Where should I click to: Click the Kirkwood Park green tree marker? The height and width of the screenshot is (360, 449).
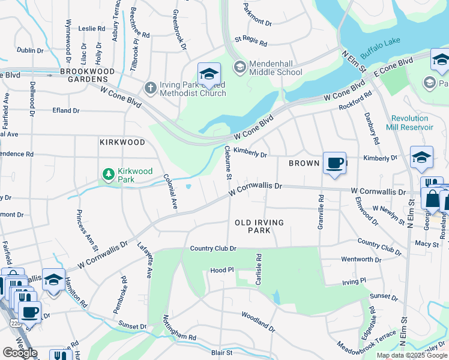click(108, 175)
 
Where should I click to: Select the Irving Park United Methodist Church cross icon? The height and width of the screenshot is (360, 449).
click(150, 88)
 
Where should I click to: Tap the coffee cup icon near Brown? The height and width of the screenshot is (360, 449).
click(334, 163)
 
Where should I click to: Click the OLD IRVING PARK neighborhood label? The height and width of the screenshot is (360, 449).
click(259, 226)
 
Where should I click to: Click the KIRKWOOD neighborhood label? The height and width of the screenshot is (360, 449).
click(122, 142)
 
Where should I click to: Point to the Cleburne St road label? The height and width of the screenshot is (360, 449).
click(228, 163)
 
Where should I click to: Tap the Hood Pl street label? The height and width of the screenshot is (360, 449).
click(221, 271)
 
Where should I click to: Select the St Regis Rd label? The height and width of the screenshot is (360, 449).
click(250, 43)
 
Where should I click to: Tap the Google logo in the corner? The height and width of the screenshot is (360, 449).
click(20, 353)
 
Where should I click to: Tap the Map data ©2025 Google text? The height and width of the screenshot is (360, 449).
click(411, 355)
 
